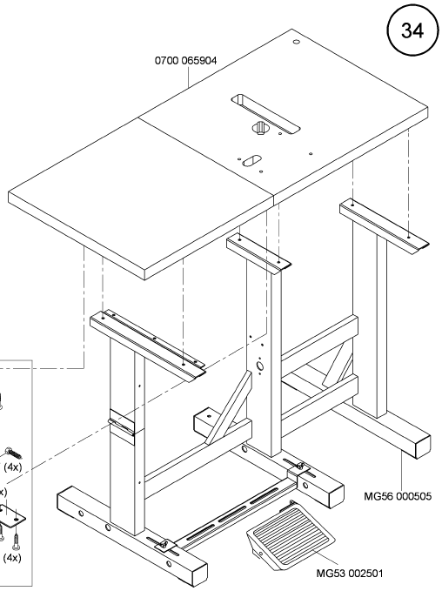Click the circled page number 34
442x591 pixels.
point(412,31)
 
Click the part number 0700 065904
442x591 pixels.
point(186,61)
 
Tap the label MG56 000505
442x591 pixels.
point(398,496)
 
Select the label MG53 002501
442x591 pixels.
point(349,574)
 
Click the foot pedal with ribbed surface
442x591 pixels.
point(291,535)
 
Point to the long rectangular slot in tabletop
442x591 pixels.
point(265,114)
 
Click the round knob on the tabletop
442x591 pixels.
point(260,128)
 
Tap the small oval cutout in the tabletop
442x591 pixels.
point(251,160)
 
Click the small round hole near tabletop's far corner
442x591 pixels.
point(297,42)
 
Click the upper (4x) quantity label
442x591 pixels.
point(13,467)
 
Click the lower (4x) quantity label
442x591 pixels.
point(12,557)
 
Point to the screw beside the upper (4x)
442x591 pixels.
point(12,453)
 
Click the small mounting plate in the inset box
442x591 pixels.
point(11,515)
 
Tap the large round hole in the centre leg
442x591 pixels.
point(259,366)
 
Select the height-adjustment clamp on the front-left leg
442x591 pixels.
point(122,421)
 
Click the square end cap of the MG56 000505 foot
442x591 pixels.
point(423,447)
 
